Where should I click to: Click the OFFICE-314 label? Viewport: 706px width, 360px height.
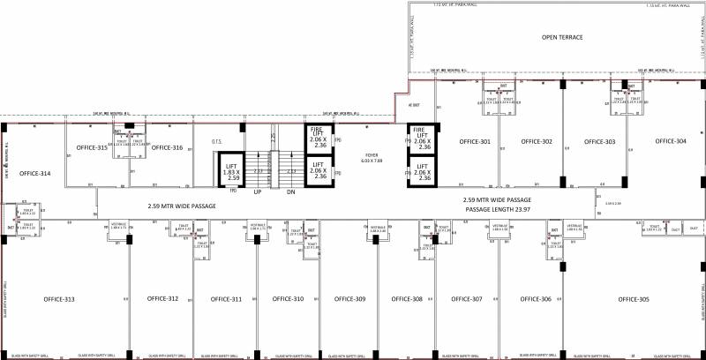coord(34,173)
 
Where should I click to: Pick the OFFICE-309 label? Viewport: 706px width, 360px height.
coord(349,300)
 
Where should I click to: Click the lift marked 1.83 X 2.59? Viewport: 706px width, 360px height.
coord(233,171)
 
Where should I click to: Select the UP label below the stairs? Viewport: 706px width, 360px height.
coord(258,191)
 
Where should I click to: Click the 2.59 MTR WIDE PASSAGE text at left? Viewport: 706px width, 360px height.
coord(182,206)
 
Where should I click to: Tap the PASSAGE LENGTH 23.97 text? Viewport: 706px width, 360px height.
coord(499,210)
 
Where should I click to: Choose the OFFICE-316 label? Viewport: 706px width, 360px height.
coord(166,147)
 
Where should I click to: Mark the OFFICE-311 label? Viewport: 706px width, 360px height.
coord(224,300)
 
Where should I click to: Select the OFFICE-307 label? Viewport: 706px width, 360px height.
coord(466,300)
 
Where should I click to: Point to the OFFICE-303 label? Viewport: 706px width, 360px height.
coord(599,141)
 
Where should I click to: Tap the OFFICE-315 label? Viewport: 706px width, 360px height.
coord(92,147)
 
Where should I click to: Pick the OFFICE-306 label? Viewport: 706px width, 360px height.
coord(535,300)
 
